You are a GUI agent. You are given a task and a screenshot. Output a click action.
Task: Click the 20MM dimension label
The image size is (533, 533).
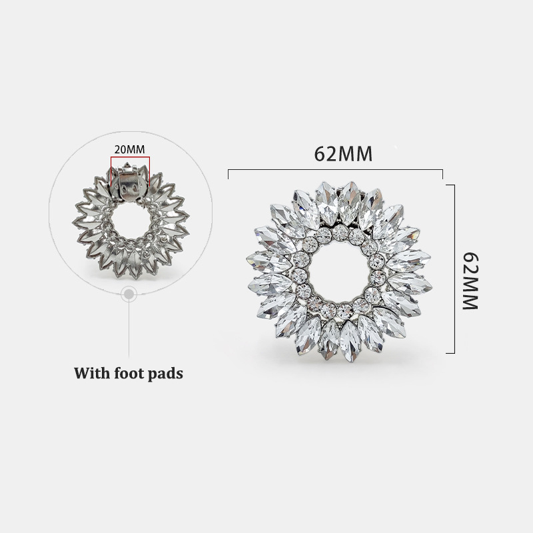click(129, 149)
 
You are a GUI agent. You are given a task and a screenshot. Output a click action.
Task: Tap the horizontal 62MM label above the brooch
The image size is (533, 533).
click(343, 154)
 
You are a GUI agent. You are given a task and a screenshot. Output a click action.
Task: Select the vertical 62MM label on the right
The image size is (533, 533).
click(471, 280)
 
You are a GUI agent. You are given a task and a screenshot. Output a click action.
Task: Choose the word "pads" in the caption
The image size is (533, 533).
click(167, 374)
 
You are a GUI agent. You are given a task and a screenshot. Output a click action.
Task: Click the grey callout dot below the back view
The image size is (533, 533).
click(129, 294)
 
